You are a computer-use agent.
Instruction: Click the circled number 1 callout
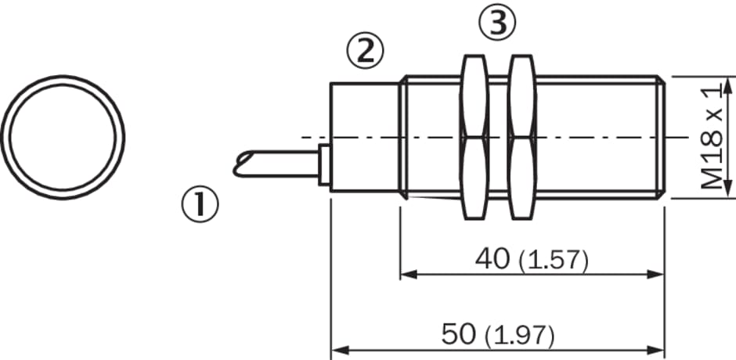point(200,204)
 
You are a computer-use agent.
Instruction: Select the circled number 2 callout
point(365,51)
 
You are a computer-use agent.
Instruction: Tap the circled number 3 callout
point(497,23)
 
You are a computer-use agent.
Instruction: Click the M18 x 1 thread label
point(712,138)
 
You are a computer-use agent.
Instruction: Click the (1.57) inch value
point(554,261)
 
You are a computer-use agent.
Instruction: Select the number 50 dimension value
point(459,334)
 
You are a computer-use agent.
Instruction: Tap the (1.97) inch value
point(520,336)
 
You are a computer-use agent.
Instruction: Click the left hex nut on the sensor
point(474,137)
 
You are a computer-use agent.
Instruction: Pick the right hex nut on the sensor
point(521,137)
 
